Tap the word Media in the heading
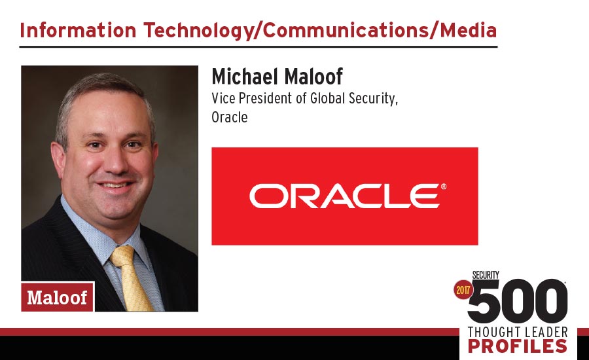click(469, 30)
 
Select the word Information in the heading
click(78, 30)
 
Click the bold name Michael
click(245, 77)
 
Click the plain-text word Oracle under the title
click(230, 117)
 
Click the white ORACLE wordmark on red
click(344, 196)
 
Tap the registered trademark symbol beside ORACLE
click(444, 187)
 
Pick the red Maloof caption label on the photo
click(57, 297)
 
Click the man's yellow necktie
click(132, 278)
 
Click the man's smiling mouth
click(115, 186)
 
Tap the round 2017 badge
click(463, 290)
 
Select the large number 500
click(517, 301)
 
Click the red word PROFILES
click(518, 346)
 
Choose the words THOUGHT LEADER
click(518, 333)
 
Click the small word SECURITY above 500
click(486, 275)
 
